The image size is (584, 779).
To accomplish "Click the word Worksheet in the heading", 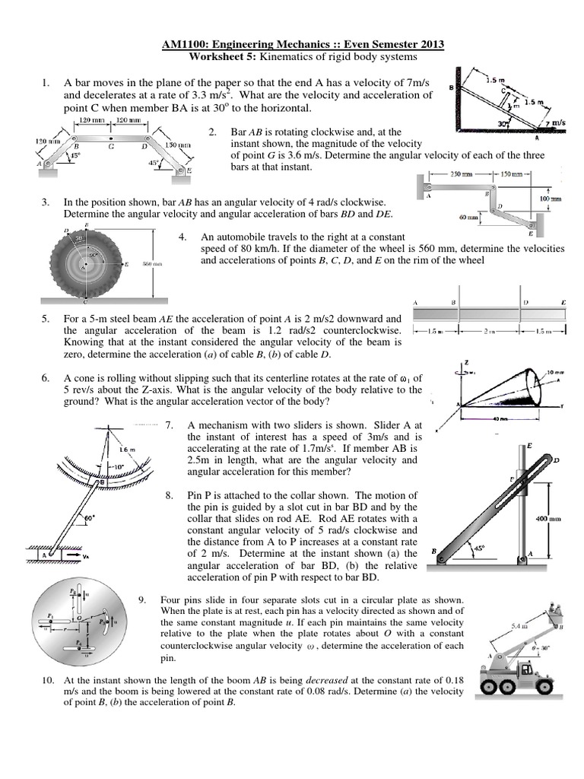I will [215, 58].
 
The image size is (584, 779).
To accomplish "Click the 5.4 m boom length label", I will [518, 625].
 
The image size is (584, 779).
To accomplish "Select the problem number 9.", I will [142, 600].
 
